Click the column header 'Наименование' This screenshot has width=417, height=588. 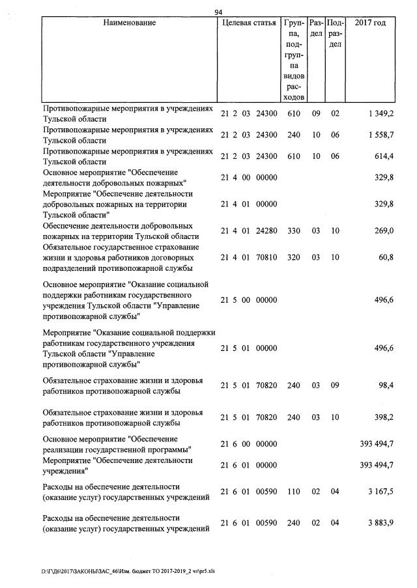[x=130, y=23]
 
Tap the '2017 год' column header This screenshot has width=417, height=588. [x=369, y=23]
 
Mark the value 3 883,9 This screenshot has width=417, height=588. [x=379, y=523]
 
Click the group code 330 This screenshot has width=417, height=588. [x=293, y=231]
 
